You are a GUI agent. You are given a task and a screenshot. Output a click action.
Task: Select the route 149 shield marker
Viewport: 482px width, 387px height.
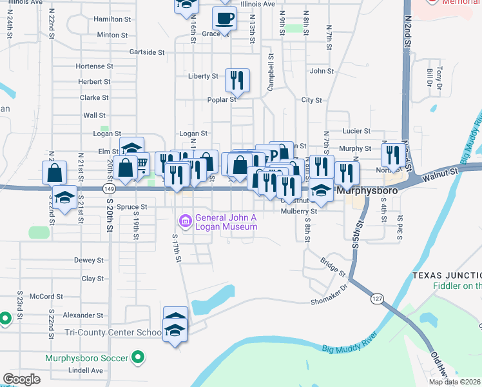pos(109,189)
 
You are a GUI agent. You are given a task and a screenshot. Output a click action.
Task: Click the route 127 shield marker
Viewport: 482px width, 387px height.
pos(377,299)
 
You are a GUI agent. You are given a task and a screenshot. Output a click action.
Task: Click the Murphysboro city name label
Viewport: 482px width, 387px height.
pos(365,192)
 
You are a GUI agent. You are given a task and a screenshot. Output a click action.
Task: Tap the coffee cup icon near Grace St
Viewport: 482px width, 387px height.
pos(224,18)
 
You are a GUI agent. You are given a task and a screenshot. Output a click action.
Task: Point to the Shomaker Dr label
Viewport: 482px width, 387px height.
pos(329,301)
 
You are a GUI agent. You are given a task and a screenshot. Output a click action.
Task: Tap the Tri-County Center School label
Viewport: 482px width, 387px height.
pos(113,333)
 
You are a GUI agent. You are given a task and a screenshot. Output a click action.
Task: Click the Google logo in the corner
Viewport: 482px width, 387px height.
pos(22,379)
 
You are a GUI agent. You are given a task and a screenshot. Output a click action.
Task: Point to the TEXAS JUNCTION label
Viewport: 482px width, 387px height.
pos(447,275)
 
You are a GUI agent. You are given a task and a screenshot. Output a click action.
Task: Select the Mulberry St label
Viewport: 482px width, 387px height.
pos(300,211)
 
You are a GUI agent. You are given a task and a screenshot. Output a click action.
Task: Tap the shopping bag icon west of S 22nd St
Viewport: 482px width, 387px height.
pos(54,172)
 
